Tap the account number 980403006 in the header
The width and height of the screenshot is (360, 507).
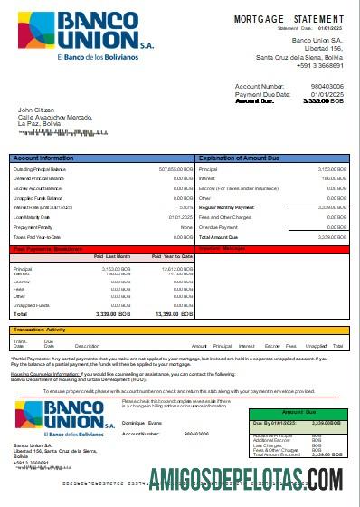327,86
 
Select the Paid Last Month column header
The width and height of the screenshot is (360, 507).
112,256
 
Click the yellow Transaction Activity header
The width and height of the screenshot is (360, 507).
41,330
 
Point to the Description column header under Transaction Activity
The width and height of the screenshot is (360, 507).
87,346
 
